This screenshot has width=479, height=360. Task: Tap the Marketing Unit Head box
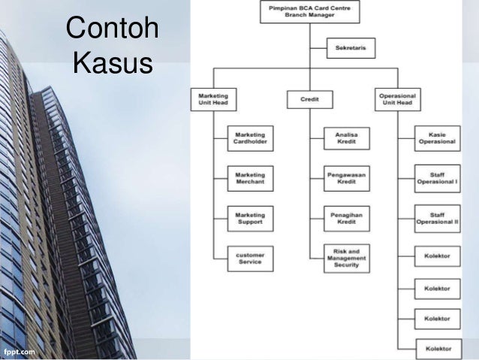214,98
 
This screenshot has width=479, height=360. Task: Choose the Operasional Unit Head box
398,98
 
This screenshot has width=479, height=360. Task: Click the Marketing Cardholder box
250,138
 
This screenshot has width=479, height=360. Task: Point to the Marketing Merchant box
250,180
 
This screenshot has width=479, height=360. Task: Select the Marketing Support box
250,219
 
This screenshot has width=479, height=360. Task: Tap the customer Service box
250,259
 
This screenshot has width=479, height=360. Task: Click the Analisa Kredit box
346,138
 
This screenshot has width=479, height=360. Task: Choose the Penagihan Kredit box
346,219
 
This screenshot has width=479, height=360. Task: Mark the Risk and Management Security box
346,258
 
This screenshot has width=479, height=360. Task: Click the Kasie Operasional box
437,138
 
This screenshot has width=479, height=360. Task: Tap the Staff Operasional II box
437,219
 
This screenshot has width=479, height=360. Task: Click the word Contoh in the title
113,30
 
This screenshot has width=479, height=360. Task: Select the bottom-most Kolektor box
437,349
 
